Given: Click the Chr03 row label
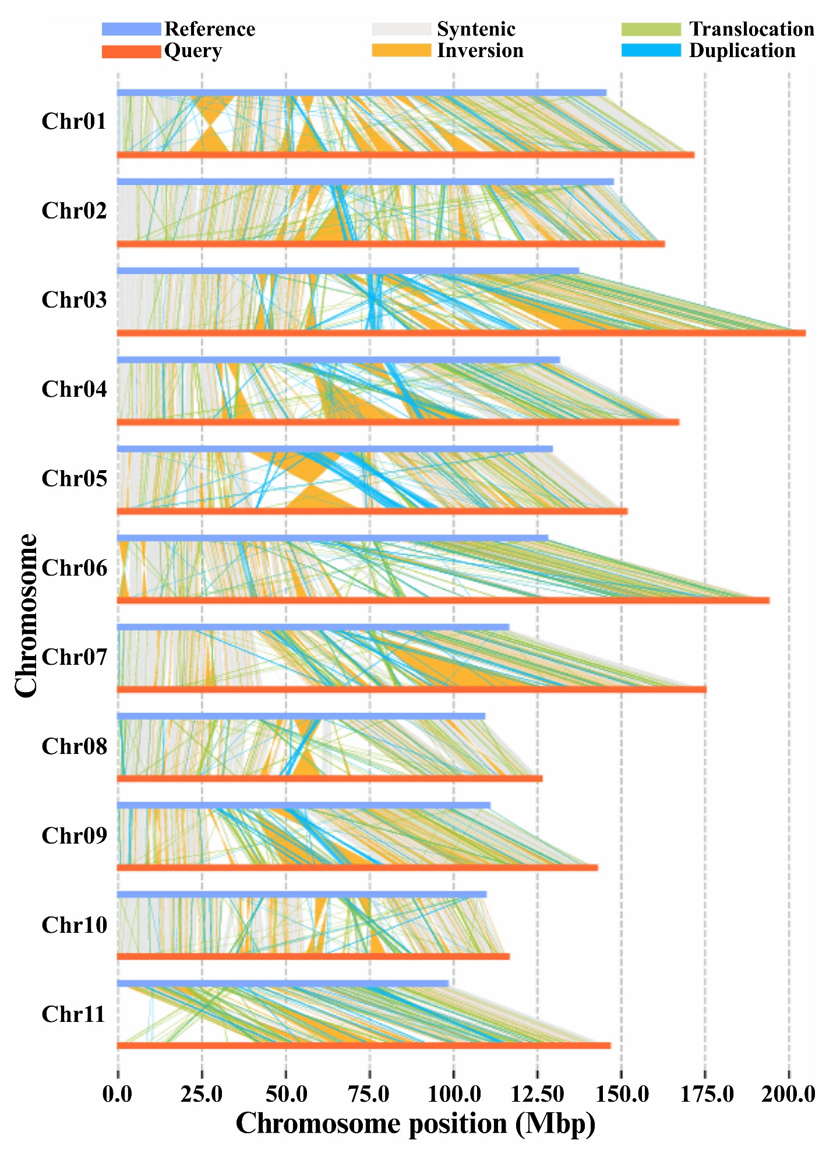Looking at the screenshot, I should coord(74,299).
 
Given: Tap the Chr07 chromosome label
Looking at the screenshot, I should coord(74,657).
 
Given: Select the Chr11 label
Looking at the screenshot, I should coord(73,1014).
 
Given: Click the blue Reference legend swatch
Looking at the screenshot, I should coord(131,29).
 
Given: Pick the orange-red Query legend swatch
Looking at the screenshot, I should coord(131,51).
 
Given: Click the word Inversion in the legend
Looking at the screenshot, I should coord(480,51).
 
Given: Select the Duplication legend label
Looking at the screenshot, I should coord(742,51).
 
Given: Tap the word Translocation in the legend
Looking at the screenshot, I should coord(751,29).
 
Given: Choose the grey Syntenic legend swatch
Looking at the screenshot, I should coord(401,29).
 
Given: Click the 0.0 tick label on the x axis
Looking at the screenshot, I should coord(117,1094).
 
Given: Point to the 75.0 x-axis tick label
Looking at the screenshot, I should coord(369,1094).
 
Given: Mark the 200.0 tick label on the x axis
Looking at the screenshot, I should coord(788,1094).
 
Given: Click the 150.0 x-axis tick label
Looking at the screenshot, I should coord(622,1094).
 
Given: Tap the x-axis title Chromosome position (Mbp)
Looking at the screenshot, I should coord(415,1123).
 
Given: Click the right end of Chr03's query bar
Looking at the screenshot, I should coord(804,333).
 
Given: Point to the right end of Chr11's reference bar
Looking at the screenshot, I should coord(447,983).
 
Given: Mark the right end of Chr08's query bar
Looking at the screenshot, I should coord(541,778).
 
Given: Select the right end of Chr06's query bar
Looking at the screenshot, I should coord(768,600).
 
